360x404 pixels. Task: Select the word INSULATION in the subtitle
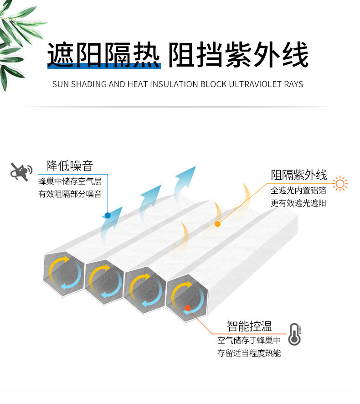(x=175, y=84)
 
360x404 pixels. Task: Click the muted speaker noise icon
(x=21, y=171)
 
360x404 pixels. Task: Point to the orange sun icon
(x=340, y=184)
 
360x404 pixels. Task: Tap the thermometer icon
(x=295, y=335)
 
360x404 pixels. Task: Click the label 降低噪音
(x=69, y=166)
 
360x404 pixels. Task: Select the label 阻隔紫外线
(x=299, y=175)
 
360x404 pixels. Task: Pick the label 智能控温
(x=249, y=326)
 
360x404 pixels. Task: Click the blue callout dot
(x=108, y=215)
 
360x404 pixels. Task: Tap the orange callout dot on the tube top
(x=217, y=224)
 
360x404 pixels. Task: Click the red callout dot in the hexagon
(x=187, y=308)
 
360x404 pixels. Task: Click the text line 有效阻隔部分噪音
(x=70, y=194)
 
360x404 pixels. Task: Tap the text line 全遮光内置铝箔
(x=298, y=191)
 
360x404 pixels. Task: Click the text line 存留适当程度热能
(x=249, y=353)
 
